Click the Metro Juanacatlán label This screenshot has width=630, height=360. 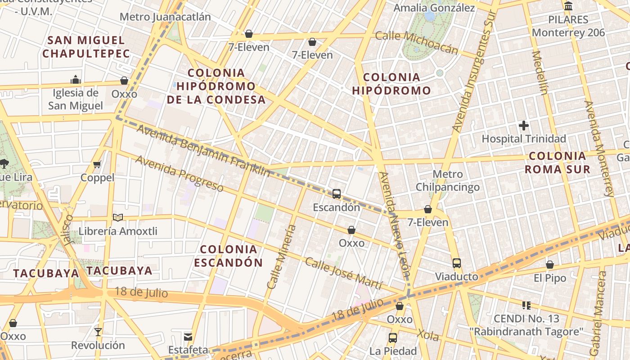click(x=165, y=17)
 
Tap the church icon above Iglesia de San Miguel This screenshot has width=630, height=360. click(x=76, y=80)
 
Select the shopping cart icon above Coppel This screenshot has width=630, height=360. click(x=97, y=165)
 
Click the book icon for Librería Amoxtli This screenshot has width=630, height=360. click(x=118, y=218)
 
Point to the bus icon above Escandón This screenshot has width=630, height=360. click(x=336, y=194)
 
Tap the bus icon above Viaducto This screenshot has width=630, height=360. click(x=456, y=263)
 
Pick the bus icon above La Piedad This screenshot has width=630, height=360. click(x=392, y=338)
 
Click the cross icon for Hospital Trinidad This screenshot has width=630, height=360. click(x=524, y=126)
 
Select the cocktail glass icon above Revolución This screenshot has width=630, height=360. click(x=98, y=332)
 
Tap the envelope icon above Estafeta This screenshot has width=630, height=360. click(x=188, y=337)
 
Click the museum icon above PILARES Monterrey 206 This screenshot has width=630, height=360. click(x=568, y=6)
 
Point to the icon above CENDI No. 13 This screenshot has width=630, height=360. click(x=526, y=306)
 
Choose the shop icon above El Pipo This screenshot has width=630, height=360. click(x=549, y=265)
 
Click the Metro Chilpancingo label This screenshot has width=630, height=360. click(x=448, y=180)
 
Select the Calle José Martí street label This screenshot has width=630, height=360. click(x=343, y=273)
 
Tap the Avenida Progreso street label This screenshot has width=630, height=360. click(x=179, y=173)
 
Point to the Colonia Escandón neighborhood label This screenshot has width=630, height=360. click(x=228, y=256)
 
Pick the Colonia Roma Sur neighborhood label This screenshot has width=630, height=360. click(x=558, y=162)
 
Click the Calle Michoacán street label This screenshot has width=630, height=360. click(x=416, y=42)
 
